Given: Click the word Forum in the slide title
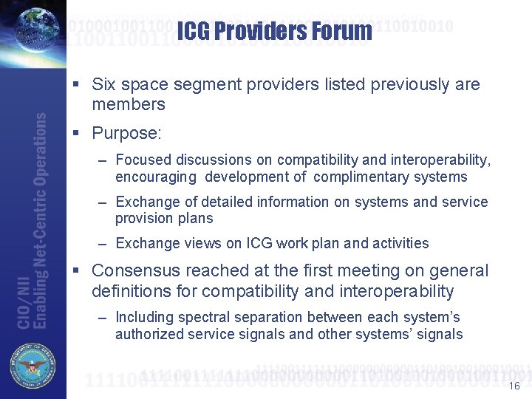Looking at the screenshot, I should (x=338, y=31).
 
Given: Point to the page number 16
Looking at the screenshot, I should (x=514, y=386).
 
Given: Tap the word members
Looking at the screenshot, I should (x=129, y=104).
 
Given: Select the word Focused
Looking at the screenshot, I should (x=143, y=160).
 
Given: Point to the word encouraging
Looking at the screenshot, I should (x=155, y=177).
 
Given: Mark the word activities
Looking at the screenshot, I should (x=398, y=243).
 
